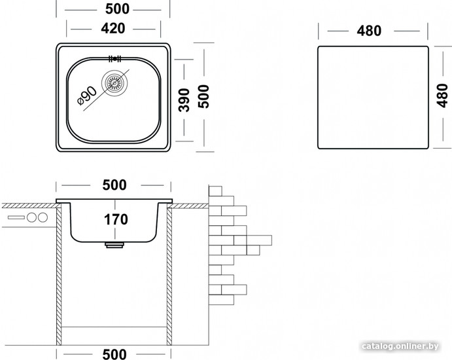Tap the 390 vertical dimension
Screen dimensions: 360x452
(184, 99)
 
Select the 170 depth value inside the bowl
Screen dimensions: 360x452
(114, 219)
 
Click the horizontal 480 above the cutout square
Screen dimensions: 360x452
(370, 31)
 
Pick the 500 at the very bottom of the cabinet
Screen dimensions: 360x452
(114, 353)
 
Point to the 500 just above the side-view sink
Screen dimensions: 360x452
(114, 185)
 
